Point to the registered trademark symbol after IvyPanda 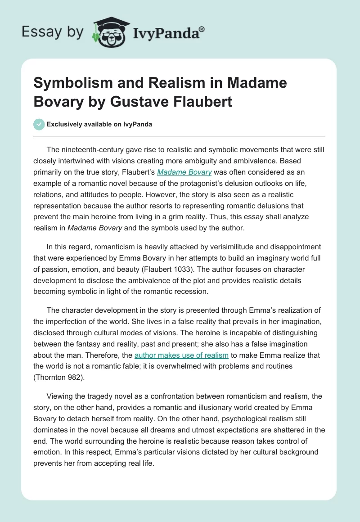(202, 29)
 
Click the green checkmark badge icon (39, 124)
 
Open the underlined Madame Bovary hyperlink (184, 171)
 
